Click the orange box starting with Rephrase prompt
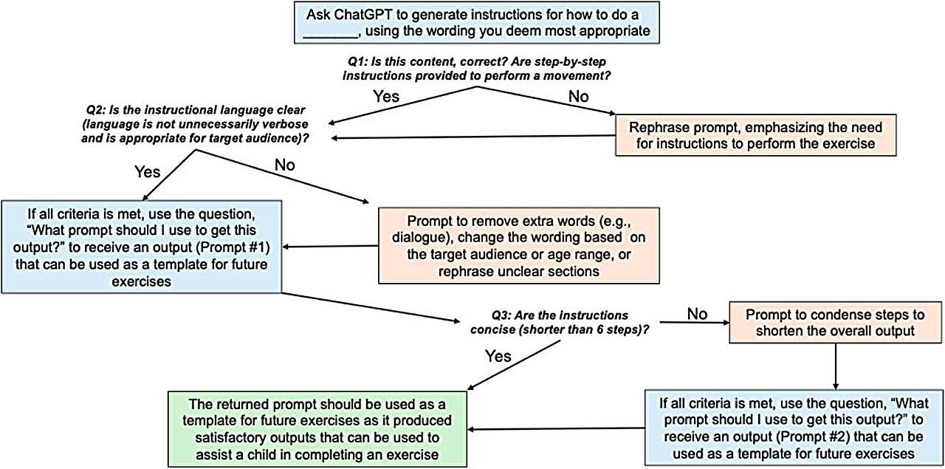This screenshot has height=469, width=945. [756, 134]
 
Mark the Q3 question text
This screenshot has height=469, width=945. [560, 322]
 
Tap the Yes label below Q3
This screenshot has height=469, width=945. [499, 356]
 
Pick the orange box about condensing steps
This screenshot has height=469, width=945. [834, 322]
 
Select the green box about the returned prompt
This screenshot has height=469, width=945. [318, 428]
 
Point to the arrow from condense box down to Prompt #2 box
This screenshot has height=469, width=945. [835, 365]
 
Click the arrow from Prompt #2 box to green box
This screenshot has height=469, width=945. [554, 428]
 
